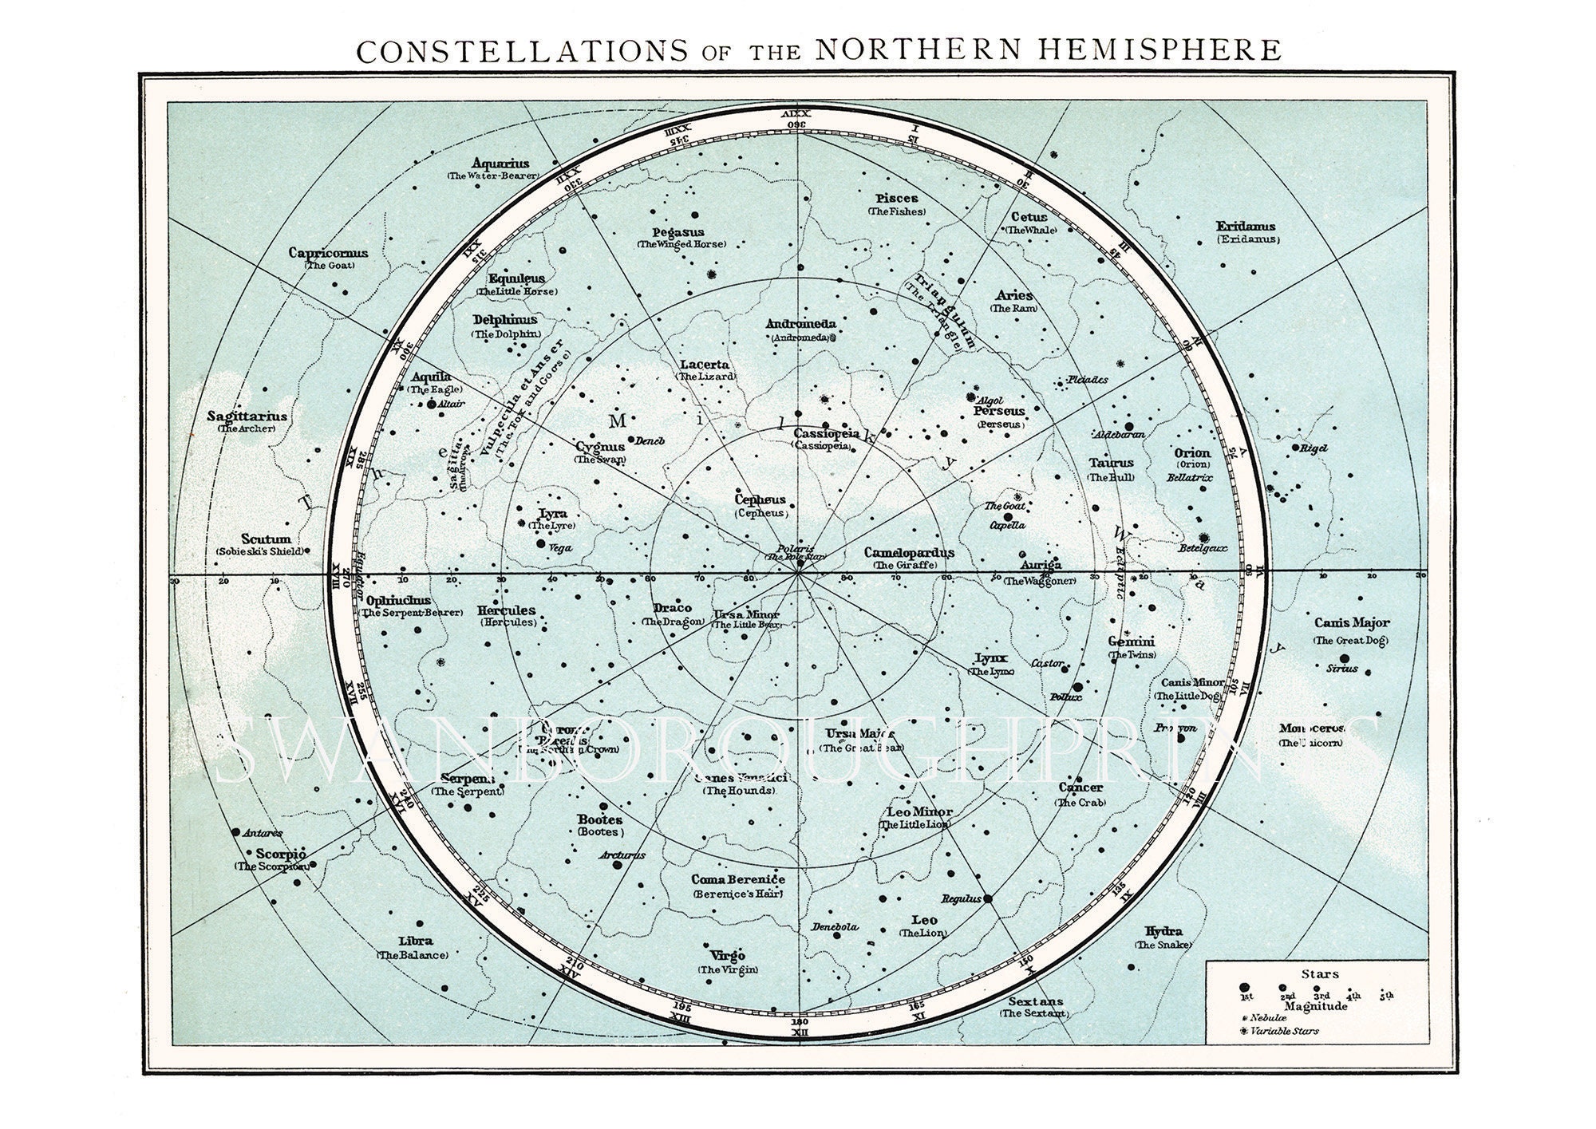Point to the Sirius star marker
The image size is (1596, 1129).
(1344, 658)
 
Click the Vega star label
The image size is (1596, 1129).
(561, 548)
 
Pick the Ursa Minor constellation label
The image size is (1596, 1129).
(747, 615)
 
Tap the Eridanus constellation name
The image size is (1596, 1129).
(1246, 227)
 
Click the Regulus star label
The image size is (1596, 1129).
(960, 898)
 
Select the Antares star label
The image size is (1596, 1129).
(262, 833)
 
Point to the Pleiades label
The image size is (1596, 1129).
(1088, 380)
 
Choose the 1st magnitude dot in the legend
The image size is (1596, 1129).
(1244, 988)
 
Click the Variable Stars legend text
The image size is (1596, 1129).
(1284, 1031)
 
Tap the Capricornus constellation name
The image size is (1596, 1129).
(328, 253)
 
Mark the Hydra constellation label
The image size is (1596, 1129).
(1163, 931)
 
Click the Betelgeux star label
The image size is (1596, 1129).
(1202, 548)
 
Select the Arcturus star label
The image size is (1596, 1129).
(621, 855)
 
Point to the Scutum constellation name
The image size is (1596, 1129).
(266, 539)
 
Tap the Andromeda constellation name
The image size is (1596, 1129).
(800, 324)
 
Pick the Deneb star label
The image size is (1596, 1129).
(650, 440)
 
